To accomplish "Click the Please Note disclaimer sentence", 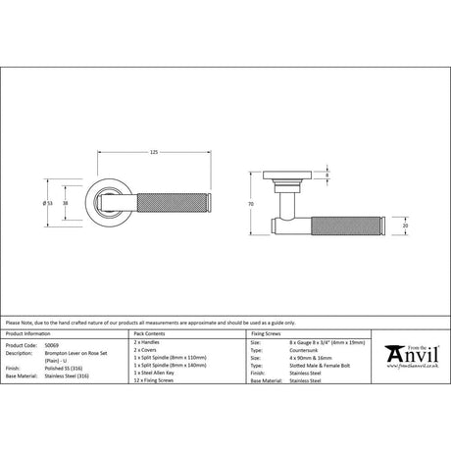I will coord(138,321).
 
